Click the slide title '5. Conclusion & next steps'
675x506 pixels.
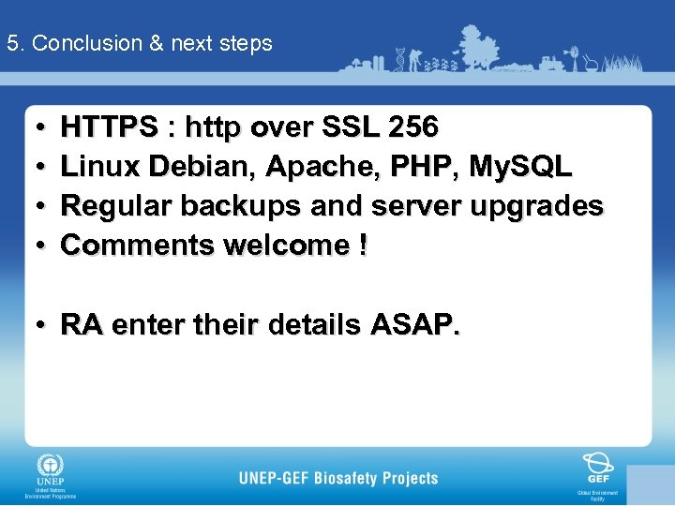pyautogui.click(x=139, y=43)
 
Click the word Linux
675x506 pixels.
pyautogui.click(x=101, y=166)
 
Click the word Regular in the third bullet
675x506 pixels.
pyautogui.click(x=116, y=205)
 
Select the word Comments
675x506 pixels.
pyautogui.click(x=137, y=245)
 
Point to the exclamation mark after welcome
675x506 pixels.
pyautogui.click(x=363, y=245)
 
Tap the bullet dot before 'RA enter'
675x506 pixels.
pyautogui.click(x=43, y=325)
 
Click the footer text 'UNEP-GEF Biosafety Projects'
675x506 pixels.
pyautogui.click(x=338, y=478)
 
